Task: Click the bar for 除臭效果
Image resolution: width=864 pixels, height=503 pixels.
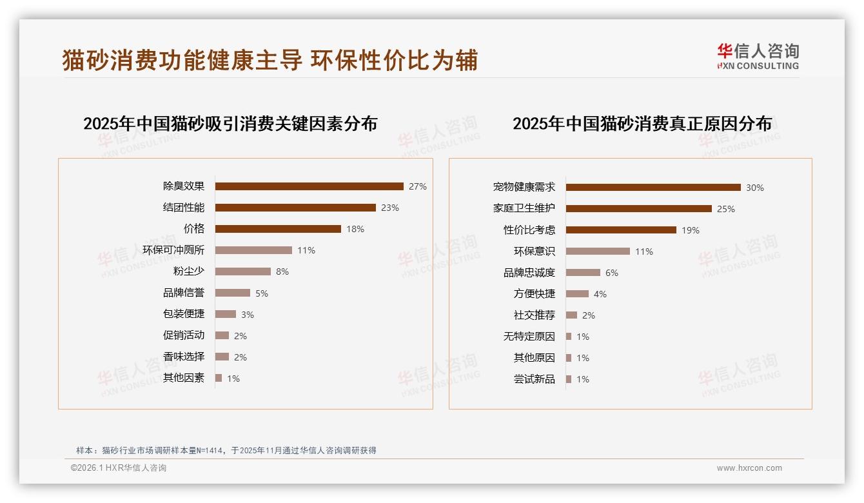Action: [309, 186]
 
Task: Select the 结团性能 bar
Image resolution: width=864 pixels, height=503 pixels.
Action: [295, 208]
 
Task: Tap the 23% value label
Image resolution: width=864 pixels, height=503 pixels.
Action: [389, 208]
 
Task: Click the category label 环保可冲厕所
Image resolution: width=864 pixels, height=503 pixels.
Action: [173, 250]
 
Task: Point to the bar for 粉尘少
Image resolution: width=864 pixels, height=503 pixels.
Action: [242, 271]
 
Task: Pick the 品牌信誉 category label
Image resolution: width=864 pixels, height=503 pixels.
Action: [184, 293]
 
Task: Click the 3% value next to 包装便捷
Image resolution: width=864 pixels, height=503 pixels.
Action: [248, 315]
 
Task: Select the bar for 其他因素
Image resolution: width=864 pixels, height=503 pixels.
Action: [219, 378]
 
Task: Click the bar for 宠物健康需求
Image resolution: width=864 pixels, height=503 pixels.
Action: [653, 188]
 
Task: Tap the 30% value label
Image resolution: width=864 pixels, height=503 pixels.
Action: [754, 188]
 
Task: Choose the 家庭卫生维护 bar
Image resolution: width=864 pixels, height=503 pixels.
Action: [638, 209]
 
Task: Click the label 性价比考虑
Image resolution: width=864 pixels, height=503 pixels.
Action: [529, 230]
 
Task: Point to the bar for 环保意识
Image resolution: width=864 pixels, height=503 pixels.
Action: [598, 252]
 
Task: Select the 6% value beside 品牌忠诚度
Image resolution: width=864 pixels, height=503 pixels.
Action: [611, 273]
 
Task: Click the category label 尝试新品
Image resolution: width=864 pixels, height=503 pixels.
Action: [535, 379]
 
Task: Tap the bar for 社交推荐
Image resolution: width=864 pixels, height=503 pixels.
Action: [571, 315]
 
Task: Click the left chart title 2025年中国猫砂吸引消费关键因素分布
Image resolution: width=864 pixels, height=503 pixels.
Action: [230, 124]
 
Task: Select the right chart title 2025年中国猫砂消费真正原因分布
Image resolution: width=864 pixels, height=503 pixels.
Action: [642, 124]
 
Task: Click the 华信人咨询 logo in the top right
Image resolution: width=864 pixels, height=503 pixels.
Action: [758, 57]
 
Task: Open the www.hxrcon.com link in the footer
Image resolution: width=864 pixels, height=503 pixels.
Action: [749, 468]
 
